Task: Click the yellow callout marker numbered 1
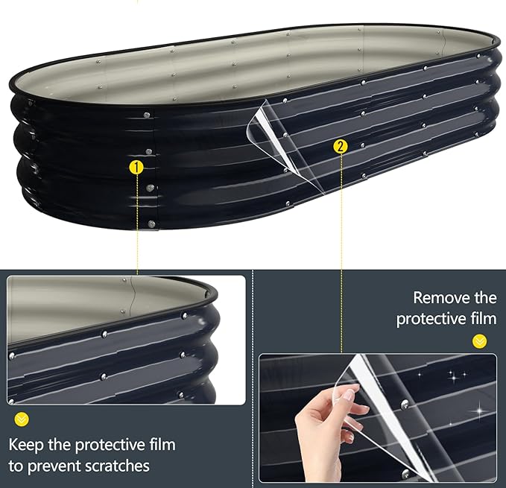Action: (136, 168)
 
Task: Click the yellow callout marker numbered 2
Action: (341, 147)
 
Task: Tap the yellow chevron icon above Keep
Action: (22, 419)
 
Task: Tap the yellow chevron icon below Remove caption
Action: (479, 342)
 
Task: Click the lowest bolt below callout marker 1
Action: (151, 223)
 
